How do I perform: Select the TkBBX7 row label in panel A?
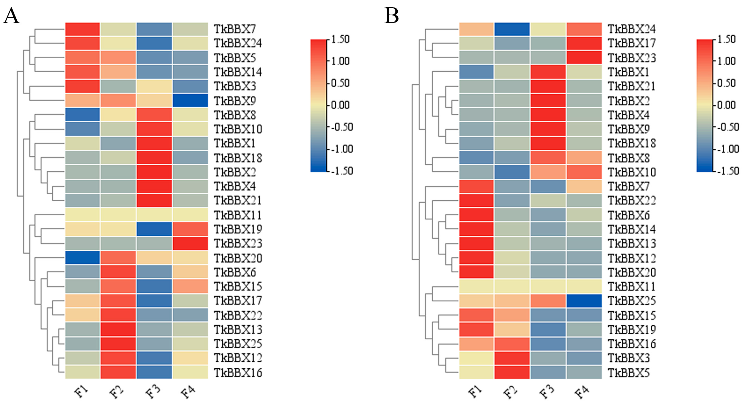point(235,29)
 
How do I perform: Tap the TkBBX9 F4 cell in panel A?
point(190,100)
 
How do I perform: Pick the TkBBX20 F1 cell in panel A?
point(83,258)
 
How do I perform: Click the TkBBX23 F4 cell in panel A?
point(190,243)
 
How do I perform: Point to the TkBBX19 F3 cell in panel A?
point(154,229)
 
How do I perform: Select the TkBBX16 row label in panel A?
point(238,372)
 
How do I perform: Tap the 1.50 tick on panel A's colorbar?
point(340,39)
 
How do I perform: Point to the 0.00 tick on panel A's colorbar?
point(340,105)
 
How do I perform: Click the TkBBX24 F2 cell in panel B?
point(512,29)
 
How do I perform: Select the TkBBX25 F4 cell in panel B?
point(584,301)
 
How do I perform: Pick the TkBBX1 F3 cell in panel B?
point(548,72)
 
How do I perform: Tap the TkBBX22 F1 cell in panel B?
point(476,200)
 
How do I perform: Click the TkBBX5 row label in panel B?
point(629,372)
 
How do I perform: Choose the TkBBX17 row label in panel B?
point(632,43)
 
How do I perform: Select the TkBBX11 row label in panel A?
point(238,215)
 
